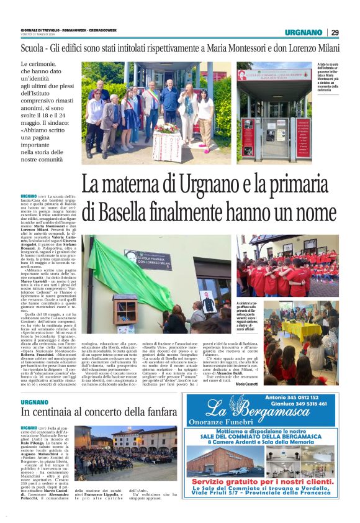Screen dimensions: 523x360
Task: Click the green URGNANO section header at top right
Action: (x=304, y=32)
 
